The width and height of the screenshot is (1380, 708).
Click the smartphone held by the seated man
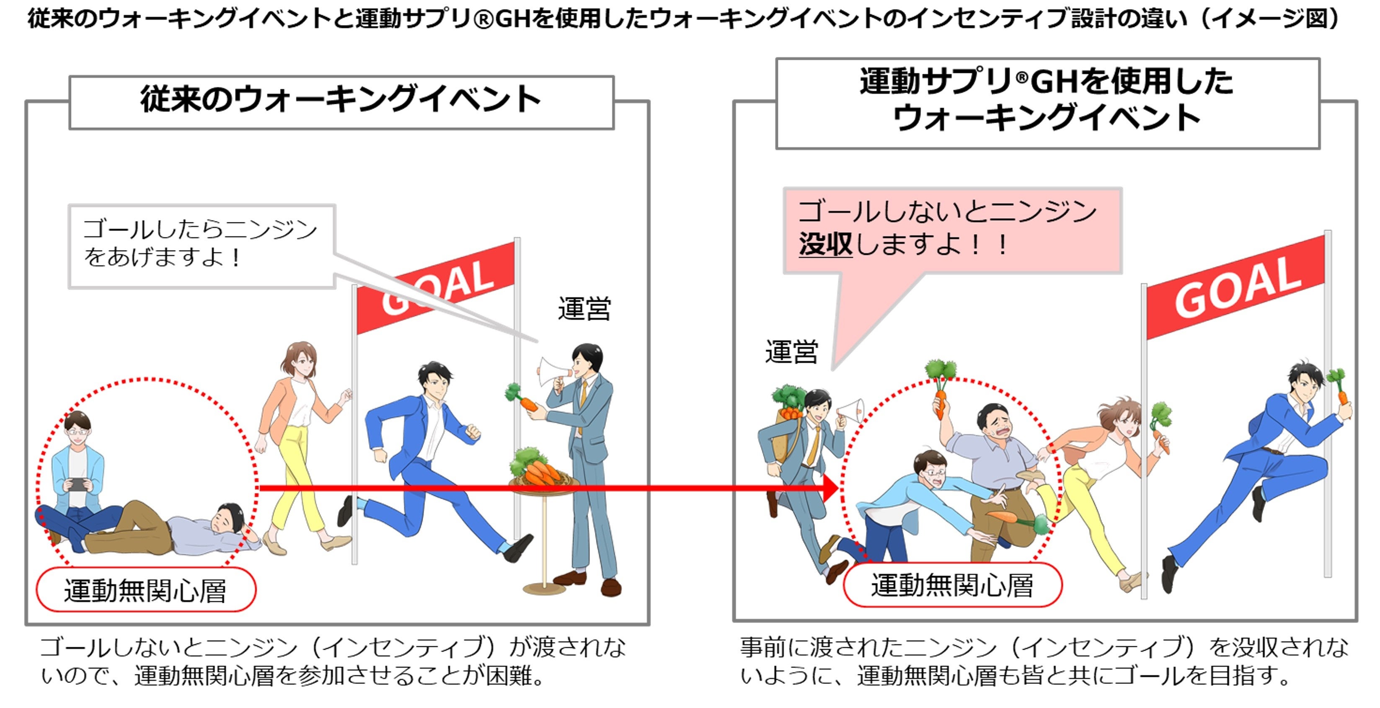(78, 484)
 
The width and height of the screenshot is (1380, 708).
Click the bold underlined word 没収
(825, 245)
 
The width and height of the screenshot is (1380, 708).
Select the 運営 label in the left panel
(584, 309)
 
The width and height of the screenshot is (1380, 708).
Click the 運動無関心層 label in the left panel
(146, 590)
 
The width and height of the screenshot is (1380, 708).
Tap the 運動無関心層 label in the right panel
(952, 585)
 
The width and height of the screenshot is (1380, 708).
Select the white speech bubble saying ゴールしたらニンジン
(202, 245)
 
